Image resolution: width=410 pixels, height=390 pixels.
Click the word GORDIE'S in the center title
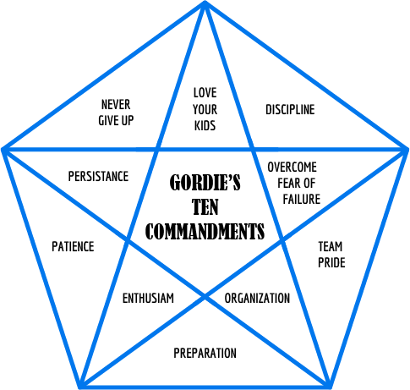tap(205, 183)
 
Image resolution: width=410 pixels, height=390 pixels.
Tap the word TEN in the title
tap(205, 207)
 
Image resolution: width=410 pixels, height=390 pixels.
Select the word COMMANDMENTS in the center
tap(205, 231)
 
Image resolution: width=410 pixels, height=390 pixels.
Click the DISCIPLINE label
tap(290, 109)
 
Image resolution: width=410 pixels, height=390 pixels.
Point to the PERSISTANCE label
tap(98, 176)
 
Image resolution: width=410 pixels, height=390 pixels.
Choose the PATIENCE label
tap(73, 246)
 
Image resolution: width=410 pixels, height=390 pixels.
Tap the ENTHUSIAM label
tap(148, 298)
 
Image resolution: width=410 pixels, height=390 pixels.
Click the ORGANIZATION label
tap(257, 298)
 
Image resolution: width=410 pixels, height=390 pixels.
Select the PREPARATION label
tap(205, 353)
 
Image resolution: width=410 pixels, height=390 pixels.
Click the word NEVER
tap(116, 105)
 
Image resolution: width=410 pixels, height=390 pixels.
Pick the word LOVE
tap(205, 93)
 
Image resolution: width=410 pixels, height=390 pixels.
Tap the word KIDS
tap(205, 126)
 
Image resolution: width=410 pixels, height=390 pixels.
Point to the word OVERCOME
tap(292, 167)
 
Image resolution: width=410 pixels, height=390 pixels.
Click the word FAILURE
tap(302, 199)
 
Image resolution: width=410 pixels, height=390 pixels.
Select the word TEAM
tap(331, 246)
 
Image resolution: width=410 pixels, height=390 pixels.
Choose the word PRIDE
tap(331, 262)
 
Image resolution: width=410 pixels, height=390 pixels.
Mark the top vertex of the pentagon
tap(205, 3)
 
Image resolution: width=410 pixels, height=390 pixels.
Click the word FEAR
tap(288, 183)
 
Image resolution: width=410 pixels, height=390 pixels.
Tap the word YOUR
tap(205, 109)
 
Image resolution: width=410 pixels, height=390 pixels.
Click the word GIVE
tap(107, 121)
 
